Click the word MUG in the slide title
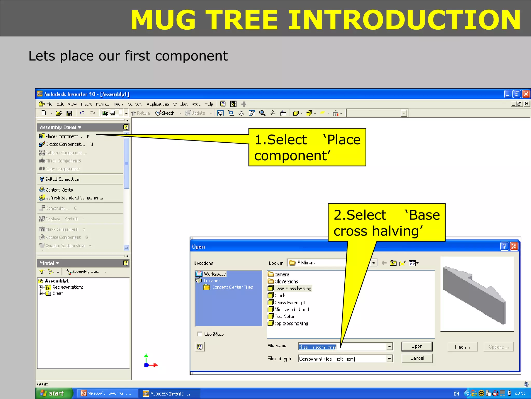pos(163,20)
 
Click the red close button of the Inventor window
pos(526,94)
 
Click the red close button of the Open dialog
pos(514,246)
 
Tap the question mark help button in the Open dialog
pos(504,246)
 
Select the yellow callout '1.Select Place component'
pos(307,147)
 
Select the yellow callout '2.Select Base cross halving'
pos(386,223)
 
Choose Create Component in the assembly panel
pos(66,144)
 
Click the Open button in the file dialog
pos(417,346)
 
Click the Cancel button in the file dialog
pos(417,358)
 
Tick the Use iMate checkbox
pos(200,334)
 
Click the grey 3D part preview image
pos(477,294)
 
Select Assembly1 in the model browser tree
pos(57,281)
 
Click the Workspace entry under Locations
pos(214,274)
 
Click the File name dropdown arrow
pos(389,347)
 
